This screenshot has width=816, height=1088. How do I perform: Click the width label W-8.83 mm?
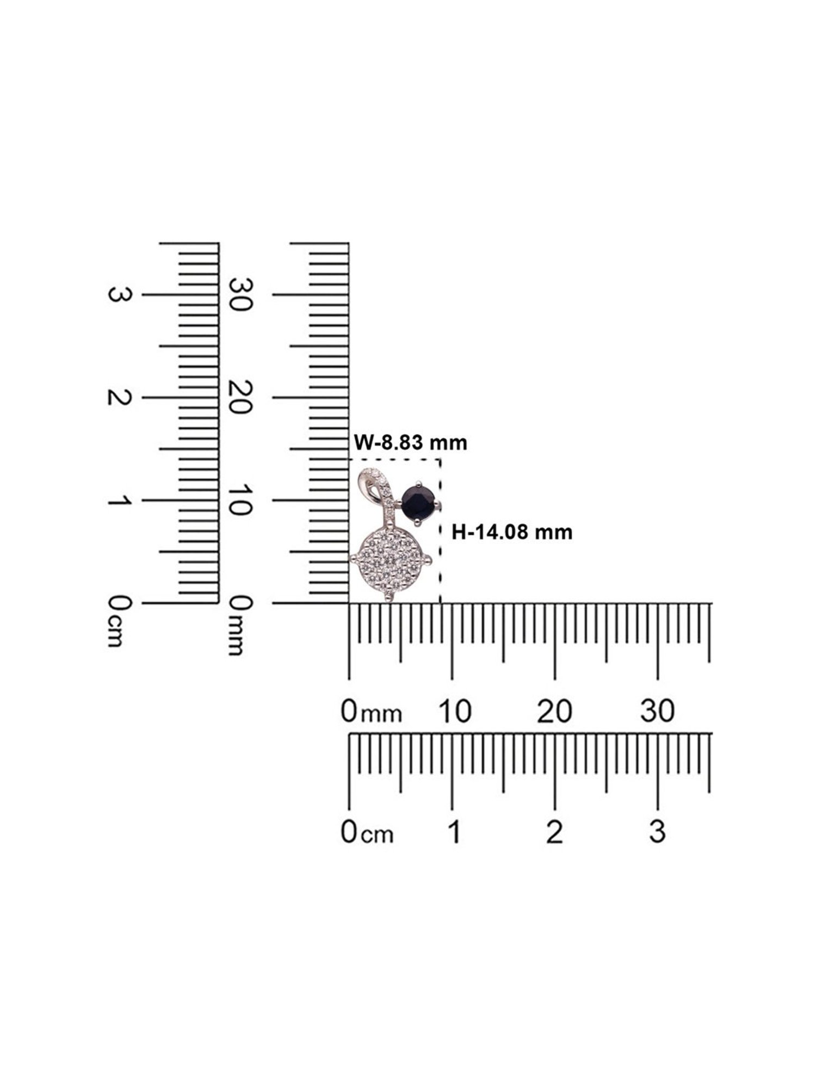click(x=411, y=443)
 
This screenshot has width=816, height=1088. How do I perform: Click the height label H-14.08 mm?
click(x=512, y=531)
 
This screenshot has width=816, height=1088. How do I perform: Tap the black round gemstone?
click(x=418, y=503)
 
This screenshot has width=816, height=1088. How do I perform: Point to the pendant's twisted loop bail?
click(x=375, y=489)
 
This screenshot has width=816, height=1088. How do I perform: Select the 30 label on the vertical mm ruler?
click(x=239, y=294)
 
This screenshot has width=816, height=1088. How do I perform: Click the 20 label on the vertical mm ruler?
click(x=239, y=397)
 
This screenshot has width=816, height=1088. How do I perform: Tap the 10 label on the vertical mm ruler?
click(x=239, y=500)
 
